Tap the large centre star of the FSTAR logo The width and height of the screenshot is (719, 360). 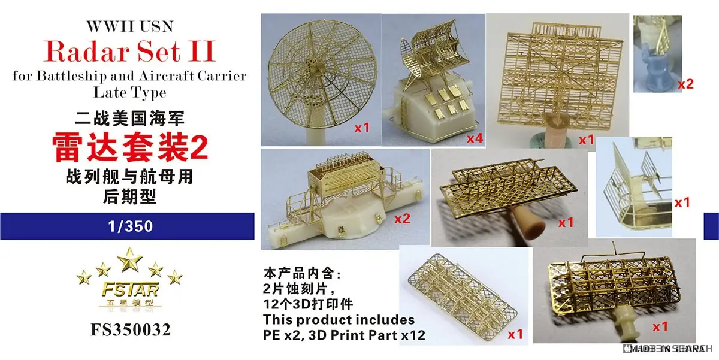click(x=128, y=259)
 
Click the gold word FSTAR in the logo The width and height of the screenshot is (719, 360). click(x=128, y=291)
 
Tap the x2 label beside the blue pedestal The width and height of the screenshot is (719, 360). click(x=685, y=84)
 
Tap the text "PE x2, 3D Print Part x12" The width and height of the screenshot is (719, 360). click(x=343, y=334)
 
